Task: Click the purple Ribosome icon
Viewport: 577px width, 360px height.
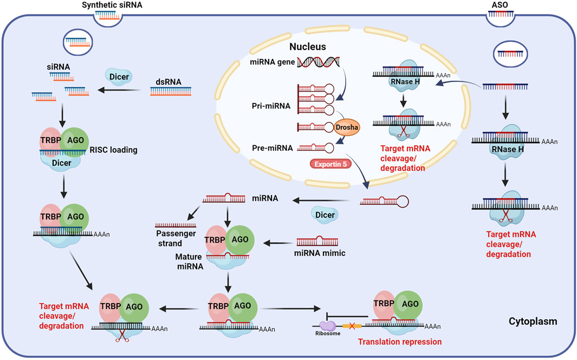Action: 328,326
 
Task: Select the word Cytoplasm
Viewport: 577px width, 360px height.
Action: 533,322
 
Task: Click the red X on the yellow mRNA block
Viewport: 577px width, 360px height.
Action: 352,326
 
